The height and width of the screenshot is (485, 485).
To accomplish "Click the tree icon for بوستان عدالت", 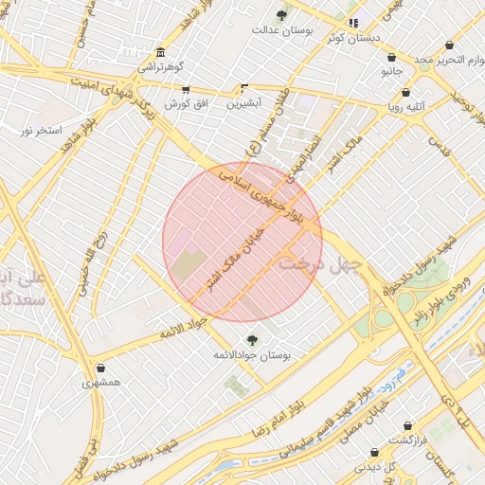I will click(281, 14).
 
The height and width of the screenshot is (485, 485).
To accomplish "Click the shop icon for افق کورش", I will click(186, 90).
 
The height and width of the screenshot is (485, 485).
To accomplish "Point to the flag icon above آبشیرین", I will click(246, 88).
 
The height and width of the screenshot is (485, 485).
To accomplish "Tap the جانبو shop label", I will click(392, 71).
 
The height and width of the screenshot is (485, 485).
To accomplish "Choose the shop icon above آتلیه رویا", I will click(406, 93).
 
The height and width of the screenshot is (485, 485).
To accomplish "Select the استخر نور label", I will click(42, 129).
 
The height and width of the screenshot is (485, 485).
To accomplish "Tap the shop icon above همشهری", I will click(101, 368).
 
